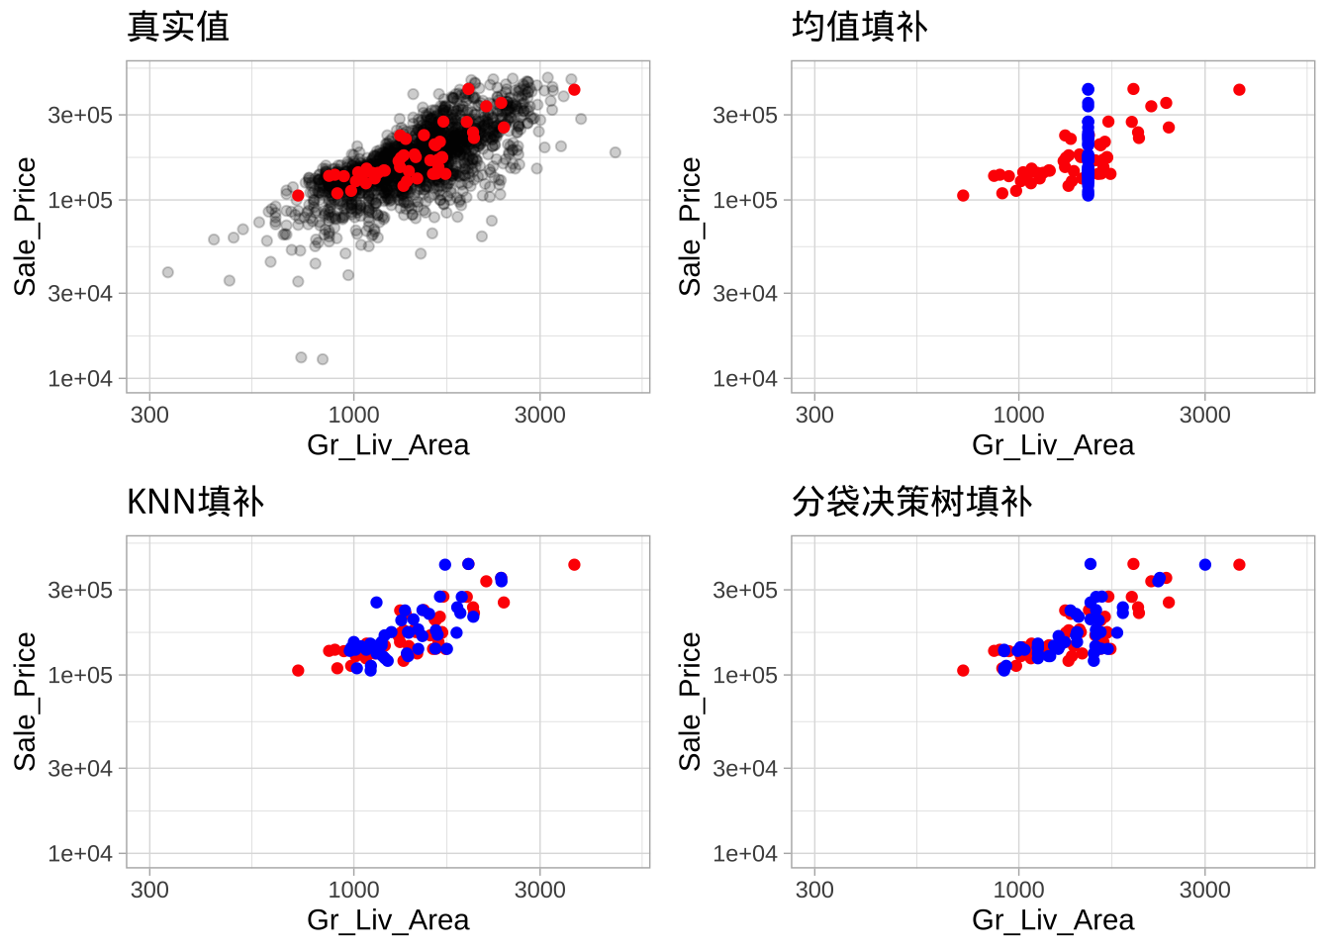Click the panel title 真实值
pos(178,27)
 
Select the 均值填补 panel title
pos(859,27)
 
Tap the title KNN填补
pos(195,502)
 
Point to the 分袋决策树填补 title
pos(911,502)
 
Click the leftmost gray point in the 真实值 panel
pos(168,272)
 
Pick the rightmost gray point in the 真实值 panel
pos(616,152)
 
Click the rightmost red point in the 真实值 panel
pos(574,90)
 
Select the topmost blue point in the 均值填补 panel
pos(1089,89)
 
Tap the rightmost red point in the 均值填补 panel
pos(1239,90)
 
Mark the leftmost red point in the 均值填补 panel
pos(963,195)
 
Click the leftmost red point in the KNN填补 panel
pos(298,671)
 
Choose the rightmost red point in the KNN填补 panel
pos(574,565)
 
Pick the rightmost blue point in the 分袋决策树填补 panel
pos(1205,565)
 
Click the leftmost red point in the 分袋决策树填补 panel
pos(963,671)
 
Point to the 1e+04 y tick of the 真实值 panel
pos(81,379)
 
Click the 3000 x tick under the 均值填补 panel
pos(1204,415)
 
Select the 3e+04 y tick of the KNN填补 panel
pos(81,769)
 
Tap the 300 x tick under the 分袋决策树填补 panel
pos(814,890)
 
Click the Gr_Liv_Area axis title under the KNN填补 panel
pos(388,920)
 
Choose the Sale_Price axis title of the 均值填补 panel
pos(690,227)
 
